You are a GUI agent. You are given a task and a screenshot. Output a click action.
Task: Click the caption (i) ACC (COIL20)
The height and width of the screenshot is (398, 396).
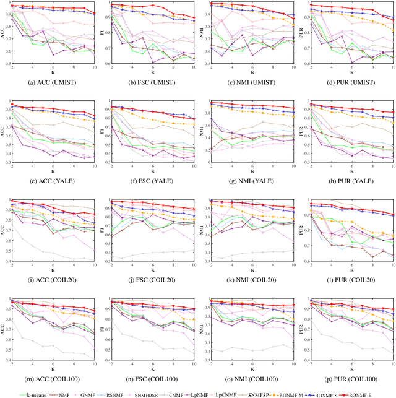click(x=53, y=280)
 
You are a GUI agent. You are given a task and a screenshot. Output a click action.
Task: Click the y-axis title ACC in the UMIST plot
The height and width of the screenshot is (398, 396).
click(x=4, y=33)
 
